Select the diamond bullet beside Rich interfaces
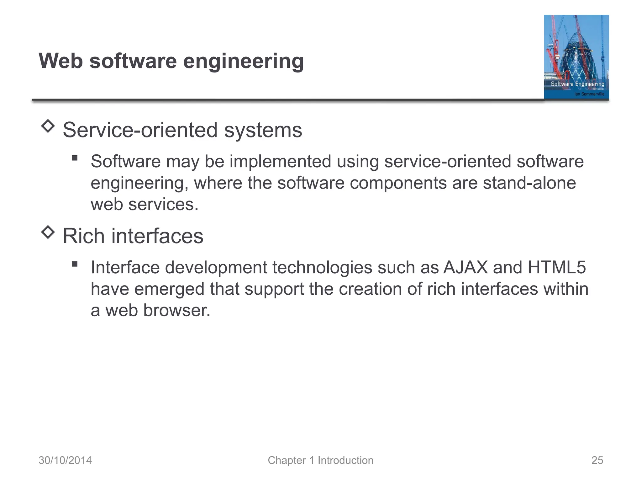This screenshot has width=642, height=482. coord(48,232)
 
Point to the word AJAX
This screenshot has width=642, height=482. coord(465,268)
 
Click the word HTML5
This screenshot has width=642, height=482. coord(557,268)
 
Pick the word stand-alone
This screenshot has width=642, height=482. coord(529,183)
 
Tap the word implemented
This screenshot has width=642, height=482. coord(280,162)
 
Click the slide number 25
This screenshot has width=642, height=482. coord(597,460)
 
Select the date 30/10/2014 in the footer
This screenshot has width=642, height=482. coord(65,460)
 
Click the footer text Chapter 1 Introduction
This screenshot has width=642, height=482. coord(320,460)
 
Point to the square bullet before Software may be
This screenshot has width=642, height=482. coord(75,158)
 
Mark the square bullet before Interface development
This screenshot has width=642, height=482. coord(75,264)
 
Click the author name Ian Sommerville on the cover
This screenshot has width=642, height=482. coord(589,94)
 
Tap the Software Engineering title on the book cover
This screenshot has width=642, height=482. coord(577,84)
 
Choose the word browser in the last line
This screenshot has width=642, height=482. coord(177,311)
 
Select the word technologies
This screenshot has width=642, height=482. coord(322,268)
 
